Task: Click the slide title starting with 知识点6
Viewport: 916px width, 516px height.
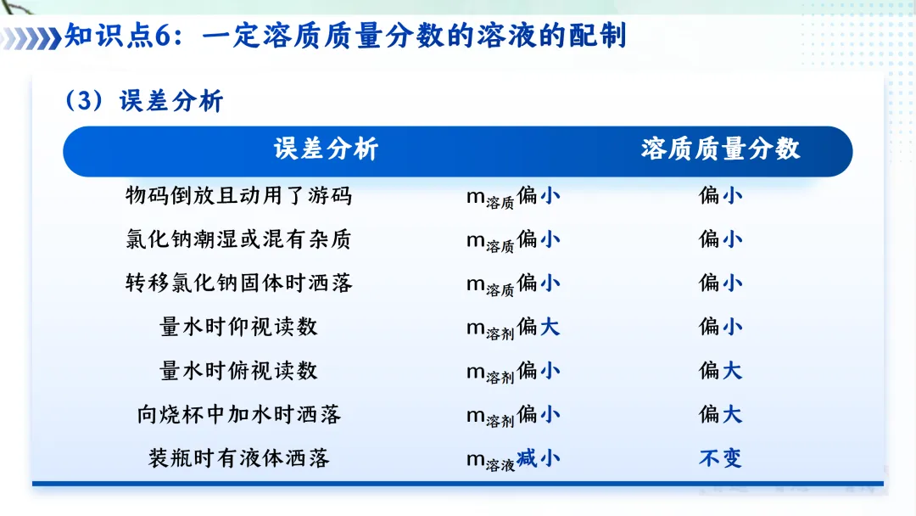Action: (346, 37)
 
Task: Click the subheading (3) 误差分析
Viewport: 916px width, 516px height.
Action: (144, 101)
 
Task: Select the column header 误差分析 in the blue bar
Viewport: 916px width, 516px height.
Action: (326, 149)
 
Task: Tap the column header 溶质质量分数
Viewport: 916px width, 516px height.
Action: (720, 149)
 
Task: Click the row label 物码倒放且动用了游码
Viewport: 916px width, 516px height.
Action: (238, 196)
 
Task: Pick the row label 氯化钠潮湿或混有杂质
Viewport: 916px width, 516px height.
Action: (238, 240)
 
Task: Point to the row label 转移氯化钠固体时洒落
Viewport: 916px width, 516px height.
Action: (238, 283)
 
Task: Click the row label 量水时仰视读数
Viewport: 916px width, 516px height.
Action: (238, 327)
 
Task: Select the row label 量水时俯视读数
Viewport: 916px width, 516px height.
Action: (238, 371)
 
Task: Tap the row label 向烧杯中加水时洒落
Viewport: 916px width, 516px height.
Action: (238, 415)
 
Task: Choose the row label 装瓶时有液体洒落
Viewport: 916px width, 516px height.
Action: (238, 459)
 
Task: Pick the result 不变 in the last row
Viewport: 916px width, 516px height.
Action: (720, 459)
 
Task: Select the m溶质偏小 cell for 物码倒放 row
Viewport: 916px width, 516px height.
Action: (513, 197)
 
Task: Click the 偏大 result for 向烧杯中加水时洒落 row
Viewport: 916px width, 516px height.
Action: (720, 415)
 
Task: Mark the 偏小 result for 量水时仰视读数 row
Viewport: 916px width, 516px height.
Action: (720, 327)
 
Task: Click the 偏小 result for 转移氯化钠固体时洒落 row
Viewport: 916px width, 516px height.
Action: (720, 283)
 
